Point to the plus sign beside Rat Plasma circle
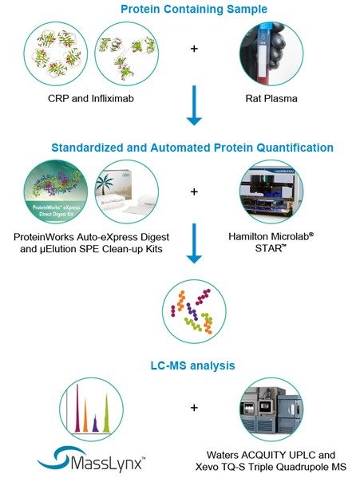[194, 49]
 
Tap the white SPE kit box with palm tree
[128, 196]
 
